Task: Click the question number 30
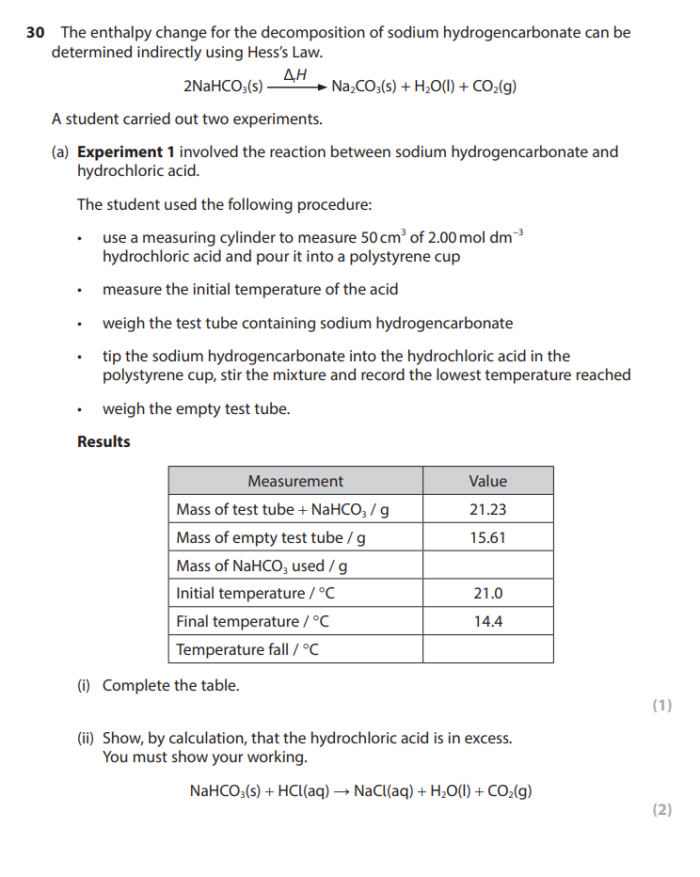pyautogui.click(x=35, y=33)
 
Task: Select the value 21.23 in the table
pyautogui.click(x=487, y=509)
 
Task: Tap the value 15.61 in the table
pyautogui.click(x=487, y=537)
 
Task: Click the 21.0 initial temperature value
pyautogui.click(x=487, y=594)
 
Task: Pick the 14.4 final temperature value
pyautogui.click(x=487, y=622)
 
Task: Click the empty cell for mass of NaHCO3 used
pyautogui.click(x=487, y=566)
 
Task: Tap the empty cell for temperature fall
pyautogui.click(x=487, y=650)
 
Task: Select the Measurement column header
pyautogui.click(x=295, y=481)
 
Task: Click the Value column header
pyautogui.click(x=487, y=481)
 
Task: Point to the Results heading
pyautogui.click(x=103, y=441)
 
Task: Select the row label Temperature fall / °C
pyautogui.click(x=247, y=650)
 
